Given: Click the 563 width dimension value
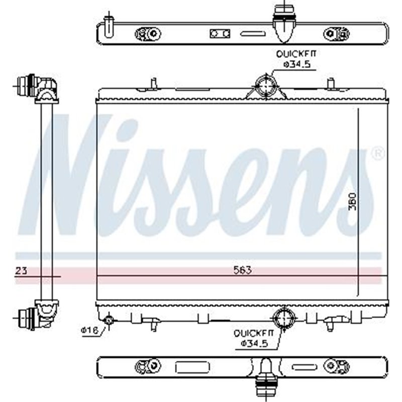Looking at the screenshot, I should coord(242,270).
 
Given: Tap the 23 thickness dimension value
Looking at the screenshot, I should coord(21,270).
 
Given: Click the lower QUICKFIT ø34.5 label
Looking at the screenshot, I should coord(253,338).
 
